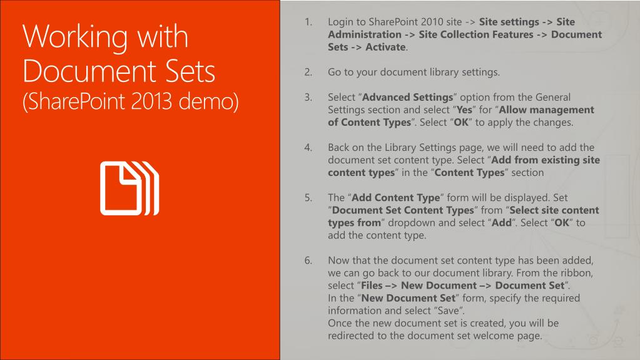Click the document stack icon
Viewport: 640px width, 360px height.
tap(130, 188)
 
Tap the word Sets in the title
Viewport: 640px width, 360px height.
tap(190, 71)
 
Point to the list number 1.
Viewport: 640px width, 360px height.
tap(308, 22)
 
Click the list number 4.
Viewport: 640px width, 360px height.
tap(308, 148)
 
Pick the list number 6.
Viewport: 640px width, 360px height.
tap(308, 260)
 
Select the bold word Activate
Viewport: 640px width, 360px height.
tap(385, 47)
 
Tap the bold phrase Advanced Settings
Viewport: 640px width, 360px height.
tap(407, 97)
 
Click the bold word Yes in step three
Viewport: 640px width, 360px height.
tap(464, 110)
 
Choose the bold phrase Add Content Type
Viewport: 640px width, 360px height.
tap(395, 198)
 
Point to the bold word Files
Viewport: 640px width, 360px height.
tap(372, 285)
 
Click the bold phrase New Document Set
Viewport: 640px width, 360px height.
tap(408, 298)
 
